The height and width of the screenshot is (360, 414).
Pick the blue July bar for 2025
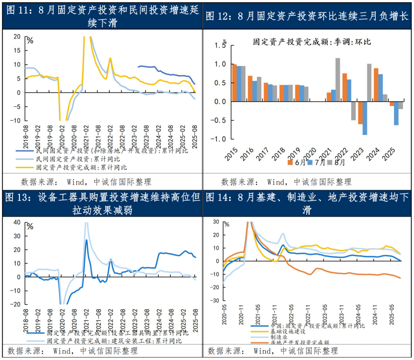(396, 113)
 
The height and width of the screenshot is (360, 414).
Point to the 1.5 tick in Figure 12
(221, 46)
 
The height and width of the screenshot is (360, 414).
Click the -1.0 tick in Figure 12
(220, 139)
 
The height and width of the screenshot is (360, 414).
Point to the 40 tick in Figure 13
(17, 222)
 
